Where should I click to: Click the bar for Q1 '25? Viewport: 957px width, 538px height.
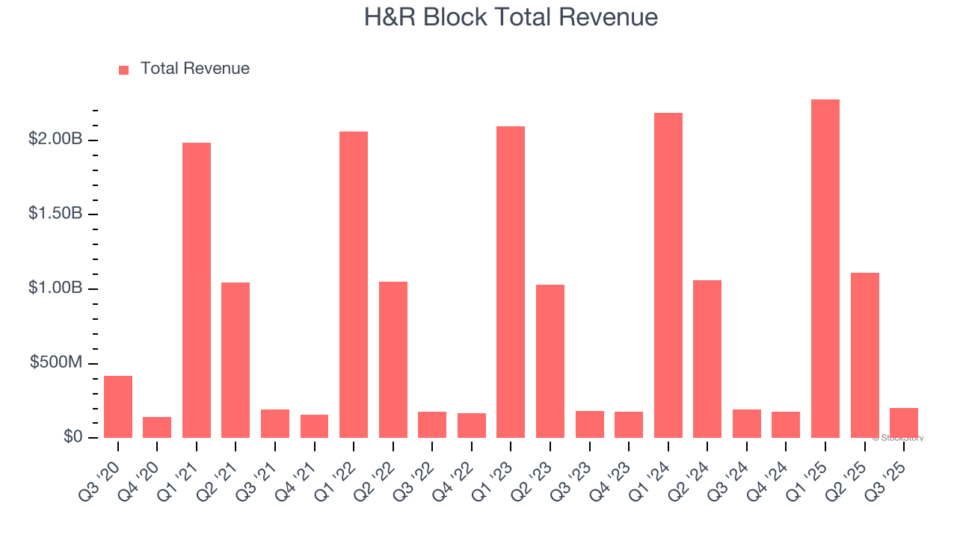pyautogui.click(x=825, y=268)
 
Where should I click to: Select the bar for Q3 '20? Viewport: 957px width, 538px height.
pyautogui.click(x=118, y=406)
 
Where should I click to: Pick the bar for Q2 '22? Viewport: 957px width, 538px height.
pyautogui.click(x=393, y=359)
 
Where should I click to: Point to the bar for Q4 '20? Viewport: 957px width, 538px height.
pyautogui.click(x=157, y=427)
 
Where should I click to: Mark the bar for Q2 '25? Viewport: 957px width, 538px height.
pyautogui.click(x=864, y=355)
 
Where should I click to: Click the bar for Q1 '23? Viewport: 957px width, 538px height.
pyautogui.click(x=511, y=282)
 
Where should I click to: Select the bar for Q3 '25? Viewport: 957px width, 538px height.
pyautogui.click(x=903, y=423)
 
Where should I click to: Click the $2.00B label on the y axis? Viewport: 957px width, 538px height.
pyautogui.click(x=55, y=139)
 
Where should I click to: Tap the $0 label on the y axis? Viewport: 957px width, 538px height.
pyautogui.click(x=73, y=436)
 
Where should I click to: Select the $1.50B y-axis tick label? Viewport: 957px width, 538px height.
pyautogui.click(x=55, y=214)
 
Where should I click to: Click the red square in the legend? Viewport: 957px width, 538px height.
pyautogui.click(x=124, y=69)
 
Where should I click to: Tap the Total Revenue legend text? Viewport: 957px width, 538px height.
pyautogui.click(x=194, y=69)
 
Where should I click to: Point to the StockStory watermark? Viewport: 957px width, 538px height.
pyautogui.click(x=898, y=438)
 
